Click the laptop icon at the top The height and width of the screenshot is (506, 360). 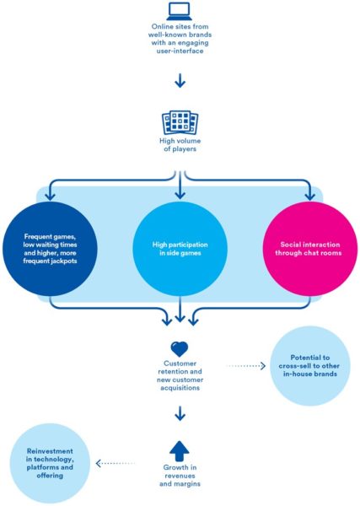coord(179,12)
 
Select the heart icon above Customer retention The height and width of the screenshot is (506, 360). coord(179,347)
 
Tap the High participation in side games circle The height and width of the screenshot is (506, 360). coord(179,250)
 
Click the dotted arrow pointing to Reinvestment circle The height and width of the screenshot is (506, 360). coord(117,464)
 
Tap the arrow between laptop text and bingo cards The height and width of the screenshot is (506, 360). coord(179,81)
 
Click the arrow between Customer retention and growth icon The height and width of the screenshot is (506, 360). coord(179,414)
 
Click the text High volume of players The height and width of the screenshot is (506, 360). coord(179,144)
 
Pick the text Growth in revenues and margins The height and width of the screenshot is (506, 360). coord(179,476)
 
